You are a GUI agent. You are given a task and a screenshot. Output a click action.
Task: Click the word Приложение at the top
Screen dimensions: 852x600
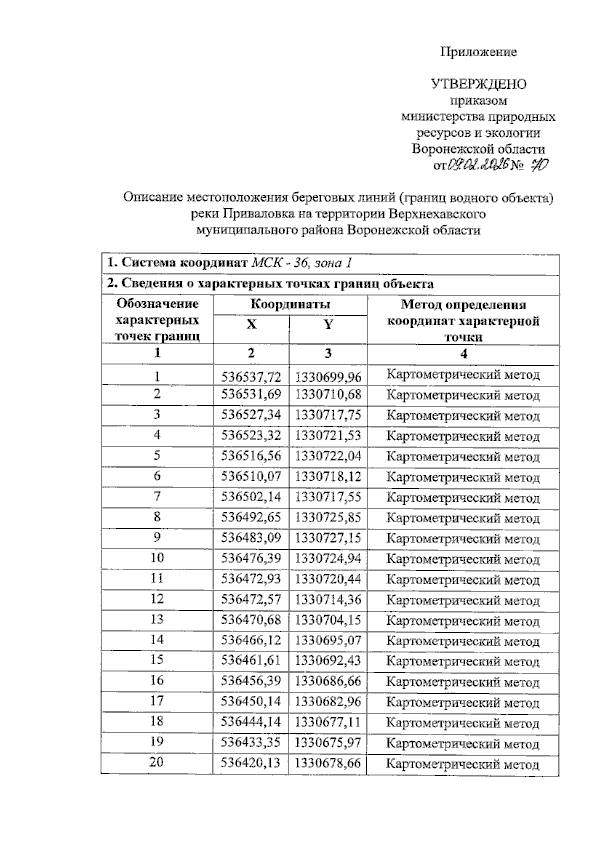click(478, 52)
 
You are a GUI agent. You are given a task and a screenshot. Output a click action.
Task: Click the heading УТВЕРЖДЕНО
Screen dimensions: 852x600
click(478, 84)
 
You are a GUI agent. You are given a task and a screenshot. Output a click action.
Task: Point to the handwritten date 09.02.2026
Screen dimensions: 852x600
click(479, 165)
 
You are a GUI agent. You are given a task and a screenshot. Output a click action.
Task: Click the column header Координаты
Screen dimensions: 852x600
click(290, 304)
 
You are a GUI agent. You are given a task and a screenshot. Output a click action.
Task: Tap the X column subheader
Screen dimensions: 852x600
click(251, 325)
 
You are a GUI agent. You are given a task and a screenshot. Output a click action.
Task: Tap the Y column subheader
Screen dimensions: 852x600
click(328, 325)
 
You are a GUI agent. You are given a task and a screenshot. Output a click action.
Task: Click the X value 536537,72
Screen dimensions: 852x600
click(251, 376)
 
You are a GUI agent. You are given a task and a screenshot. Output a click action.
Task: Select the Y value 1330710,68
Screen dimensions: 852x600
click(328, 395)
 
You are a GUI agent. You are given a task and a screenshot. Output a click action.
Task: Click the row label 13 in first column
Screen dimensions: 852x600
click(157, 619)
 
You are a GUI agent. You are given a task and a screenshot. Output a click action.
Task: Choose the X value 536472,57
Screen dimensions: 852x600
click(251, 599)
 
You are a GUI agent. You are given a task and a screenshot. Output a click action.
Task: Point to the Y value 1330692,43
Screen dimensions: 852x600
click(328, 661)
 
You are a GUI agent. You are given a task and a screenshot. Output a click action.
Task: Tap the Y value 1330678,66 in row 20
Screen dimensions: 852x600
click(328, 763)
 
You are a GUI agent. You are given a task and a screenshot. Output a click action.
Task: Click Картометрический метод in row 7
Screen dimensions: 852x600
click(463, 498)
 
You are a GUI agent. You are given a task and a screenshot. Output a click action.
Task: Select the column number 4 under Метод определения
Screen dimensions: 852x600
click(463, 354)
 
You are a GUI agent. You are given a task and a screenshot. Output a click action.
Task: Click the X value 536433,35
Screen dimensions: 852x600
click(251, 742)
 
